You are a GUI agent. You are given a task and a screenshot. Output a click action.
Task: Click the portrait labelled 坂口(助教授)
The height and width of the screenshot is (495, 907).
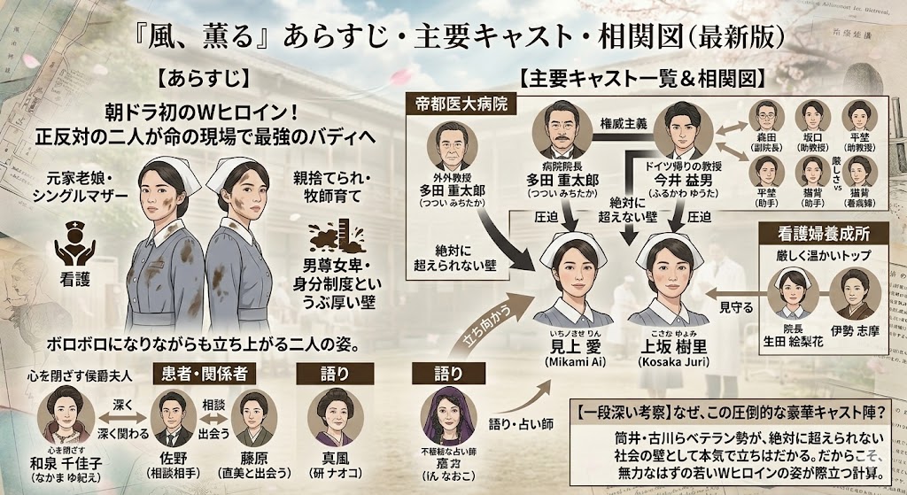810,118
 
